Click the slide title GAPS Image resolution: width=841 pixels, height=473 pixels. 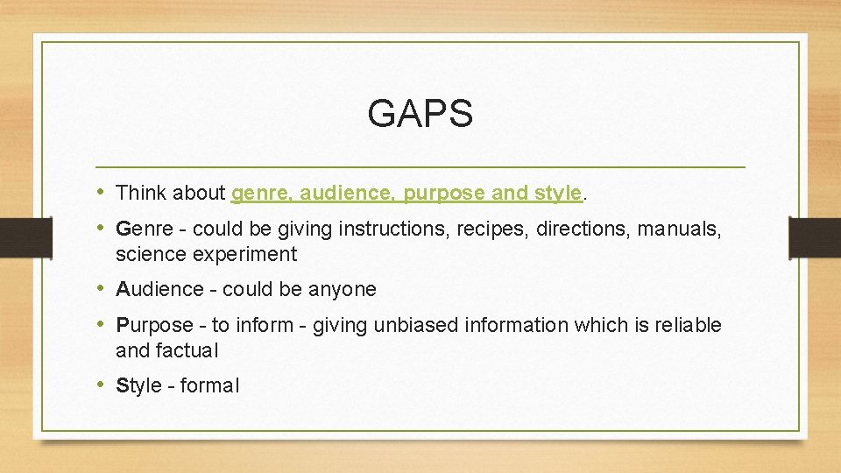[x=420, y=114]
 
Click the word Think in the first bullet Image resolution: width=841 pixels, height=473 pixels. [x=140, y=193]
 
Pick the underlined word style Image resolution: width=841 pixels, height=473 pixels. [x=562, y=193]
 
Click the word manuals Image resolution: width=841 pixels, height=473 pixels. [x=679, y=229]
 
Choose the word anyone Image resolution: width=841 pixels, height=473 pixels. [x=346, y=290]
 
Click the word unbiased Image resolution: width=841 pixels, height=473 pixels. [x=417, y=326]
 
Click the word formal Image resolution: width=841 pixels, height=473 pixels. [x=209, y=386]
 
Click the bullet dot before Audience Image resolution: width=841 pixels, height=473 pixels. [x=102, y=289]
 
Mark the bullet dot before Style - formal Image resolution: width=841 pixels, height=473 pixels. [x=102, y=385]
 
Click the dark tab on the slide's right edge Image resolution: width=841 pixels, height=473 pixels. [x=815, y=236]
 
